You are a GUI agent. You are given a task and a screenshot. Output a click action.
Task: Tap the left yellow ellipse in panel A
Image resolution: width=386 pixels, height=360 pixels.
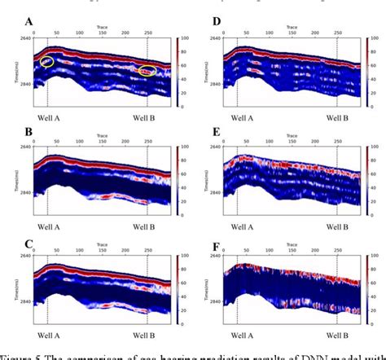coord(48,61)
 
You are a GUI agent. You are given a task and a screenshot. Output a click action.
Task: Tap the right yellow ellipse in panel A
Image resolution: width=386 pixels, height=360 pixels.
coord(147,71)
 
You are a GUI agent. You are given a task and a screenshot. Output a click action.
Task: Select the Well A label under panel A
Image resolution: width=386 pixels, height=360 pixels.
coord(47,116)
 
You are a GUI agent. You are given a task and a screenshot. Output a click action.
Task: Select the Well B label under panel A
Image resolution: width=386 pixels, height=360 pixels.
coord(147,116)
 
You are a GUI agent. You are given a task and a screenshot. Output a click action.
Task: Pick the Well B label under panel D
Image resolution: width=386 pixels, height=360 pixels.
coord(336,116)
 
